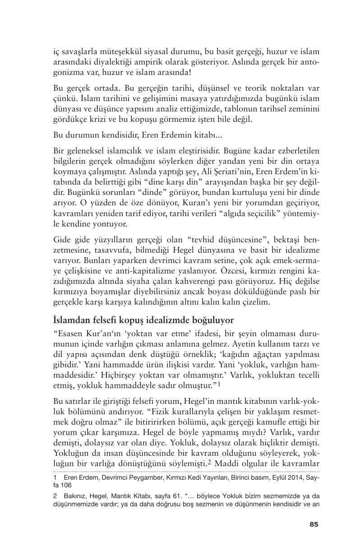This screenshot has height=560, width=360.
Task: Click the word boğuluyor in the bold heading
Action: click(211, 320)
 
